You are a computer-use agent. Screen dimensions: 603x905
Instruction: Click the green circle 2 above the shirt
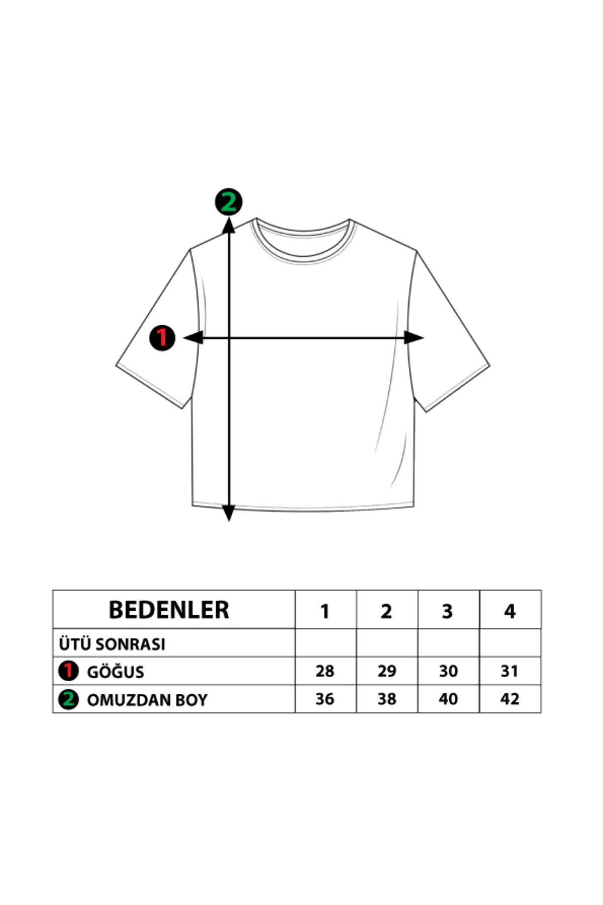coord(229,202)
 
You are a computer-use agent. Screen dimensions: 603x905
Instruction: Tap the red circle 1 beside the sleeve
coord(162,338)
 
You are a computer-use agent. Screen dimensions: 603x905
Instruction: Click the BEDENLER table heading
coord(169,609)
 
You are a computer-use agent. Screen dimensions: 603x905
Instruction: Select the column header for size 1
coord(325,611)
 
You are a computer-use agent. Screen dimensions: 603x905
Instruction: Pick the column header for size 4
coord(510,611)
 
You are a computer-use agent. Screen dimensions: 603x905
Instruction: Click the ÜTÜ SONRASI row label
coord(112,644)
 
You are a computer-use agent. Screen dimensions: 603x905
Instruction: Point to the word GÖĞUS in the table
coord(116,671)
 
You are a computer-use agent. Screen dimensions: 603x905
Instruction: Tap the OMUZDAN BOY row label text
coord(147,700)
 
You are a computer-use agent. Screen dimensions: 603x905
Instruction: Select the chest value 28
coord(325,671)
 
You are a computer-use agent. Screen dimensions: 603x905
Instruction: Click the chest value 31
coord(509,671)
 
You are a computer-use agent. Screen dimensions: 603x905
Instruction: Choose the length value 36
coord(325,699)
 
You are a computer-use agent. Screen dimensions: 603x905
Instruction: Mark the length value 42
coord(509,699)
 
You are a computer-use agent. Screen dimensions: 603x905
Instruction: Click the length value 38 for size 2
coord(386,699)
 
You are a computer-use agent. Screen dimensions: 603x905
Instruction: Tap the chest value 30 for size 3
coord(448,671)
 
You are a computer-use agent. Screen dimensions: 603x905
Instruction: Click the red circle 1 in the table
coord(68,671)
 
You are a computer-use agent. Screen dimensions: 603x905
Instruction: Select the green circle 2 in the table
coord(68,699)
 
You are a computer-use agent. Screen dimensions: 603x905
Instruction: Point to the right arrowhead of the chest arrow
coord(414,338)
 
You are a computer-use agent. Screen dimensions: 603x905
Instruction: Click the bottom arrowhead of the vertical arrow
coord(229,513)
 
